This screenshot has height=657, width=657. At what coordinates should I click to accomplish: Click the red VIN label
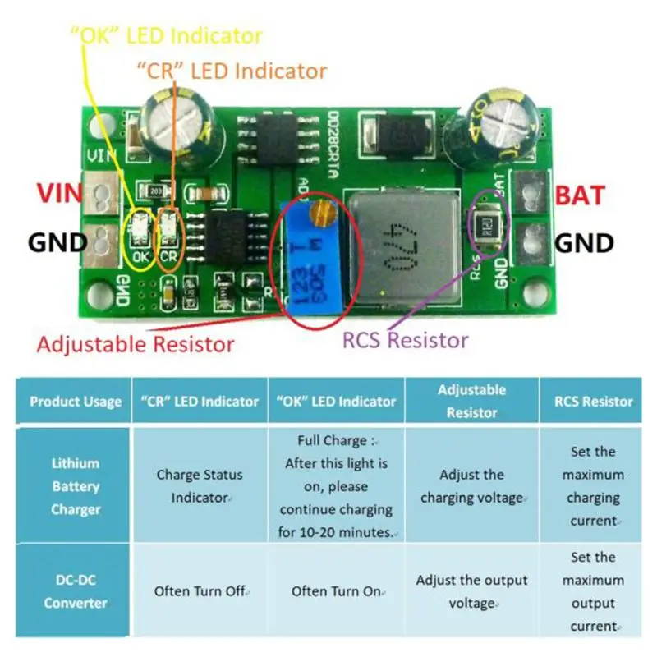click(59, 195)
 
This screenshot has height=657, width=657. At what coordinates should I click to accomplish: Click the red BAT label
click(580, 196)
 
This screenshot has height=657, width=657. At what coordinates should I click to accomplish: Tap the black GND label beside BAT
click(585, 243)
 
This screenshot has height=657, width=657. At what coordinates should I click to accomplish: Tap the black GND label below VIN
click(57, 243)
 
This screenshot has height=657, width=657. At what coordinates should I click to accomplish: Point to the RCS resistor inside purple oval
click(489, 225)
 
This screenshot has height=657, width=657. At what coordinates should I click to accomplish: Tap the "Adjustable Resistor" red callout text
click(135, 344)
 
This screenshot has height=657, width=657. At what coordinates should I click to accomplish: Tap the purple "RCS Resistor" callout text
click(406, 340)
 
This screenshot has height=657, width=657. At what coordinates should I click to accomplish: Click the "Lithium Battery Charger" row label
click(76, 486)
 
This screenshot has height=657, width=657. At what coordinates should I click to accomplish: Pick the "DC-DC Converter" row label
click(76, 591)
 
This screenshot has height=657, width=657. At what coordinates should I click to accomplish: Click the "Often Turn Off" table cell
click(200, 591)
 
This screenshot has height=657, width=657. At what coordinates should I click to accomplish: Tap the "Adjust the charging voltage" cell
click(471, 486)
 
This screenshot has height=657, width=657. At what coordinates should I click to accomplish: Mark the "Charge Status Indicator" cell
click(200, 486)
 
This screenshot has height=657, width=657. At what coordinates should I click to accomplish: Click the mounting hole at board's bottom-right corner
click(537, 292)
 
